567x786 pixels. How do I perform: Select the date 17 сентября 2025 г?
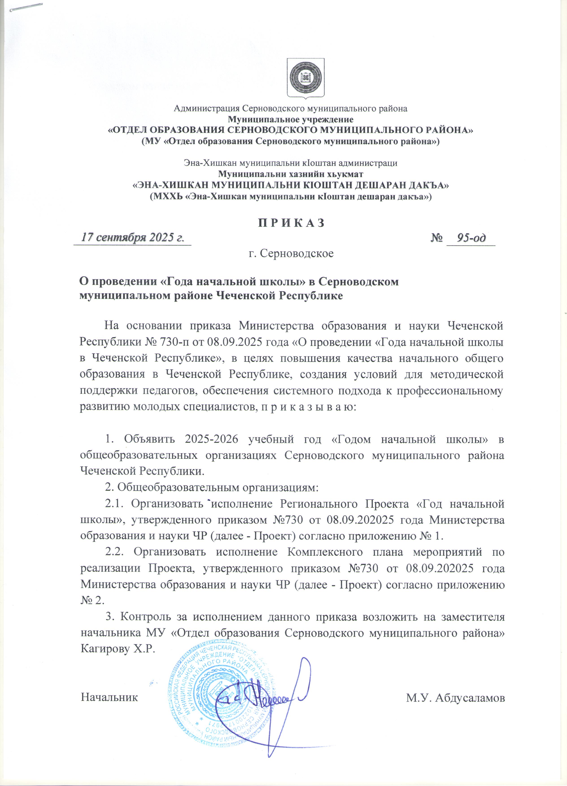[x=132, y=238]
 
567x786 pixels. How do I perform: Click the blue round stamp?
[x=222, y=693]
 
